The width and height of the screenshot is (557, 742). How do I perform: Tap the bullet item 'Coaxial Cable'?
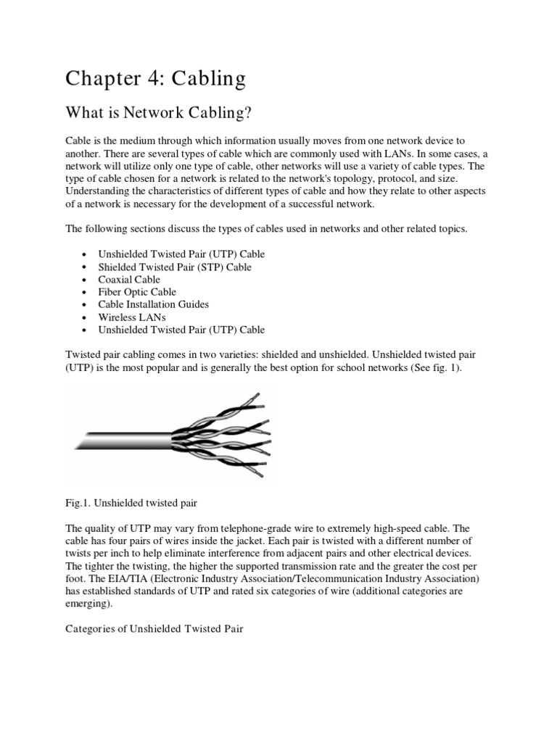tap(130, 280)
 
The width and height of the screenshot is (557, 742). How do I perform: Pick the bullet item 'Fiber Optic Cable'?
tap(138, 292)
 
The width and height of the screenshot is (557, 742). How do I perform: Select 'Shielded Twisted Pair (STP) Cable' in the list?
tap(175, 267)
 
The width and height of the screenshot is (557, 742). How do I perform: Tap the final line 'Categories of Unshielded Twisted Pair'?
tap(154, 630)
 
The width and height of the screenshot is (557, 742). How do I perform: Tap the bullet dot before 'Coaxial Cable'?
tap(86, 280)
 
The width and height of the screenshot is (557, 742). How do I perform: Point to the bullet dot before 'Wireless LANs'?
tap(86, 318)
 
